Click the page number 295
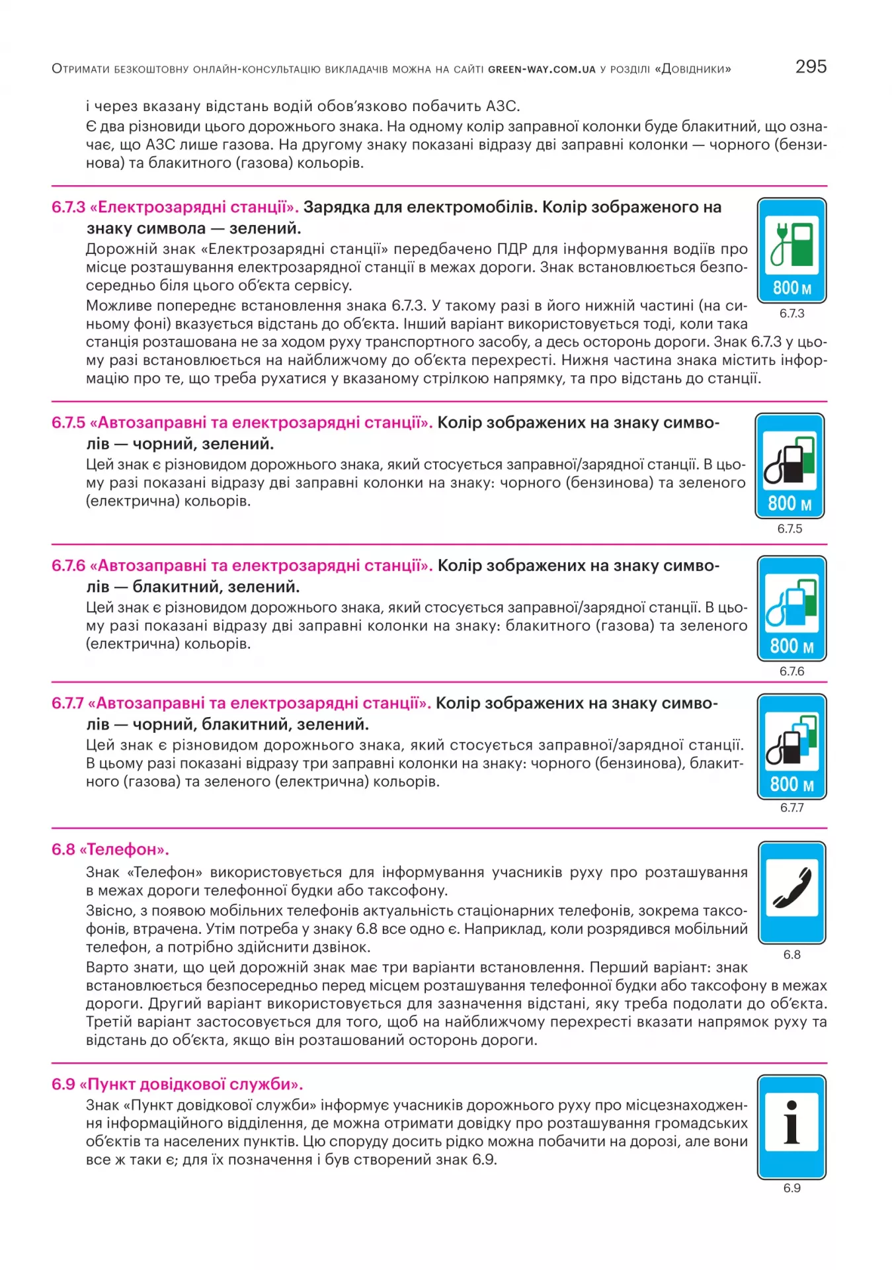[811, 67]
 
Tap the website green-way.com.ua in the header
[542, 69]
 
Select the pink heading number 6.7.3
[69, 207]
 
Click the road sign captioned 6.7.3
[791, 250]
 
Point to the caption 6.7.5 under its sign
[790, 529]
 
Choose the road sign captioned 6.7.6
[791, 608]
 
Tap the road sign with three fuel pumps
[791, 746]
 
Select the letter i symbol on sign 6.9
[791, 1122]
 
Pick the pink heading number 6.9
[63, 1084]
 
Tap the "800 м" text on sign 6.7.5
[790, 503]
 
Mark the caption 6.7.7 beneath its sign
[791, 808]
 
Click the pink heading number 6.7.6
[69, 566]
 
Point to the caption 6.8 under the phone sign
[791, 954]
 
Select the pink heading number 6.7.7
[68, 703]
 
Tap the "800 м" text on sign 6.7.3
[791, 288]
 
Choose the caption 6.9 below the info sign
[791, 1188]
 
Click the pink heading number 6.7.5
[69, 423]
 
